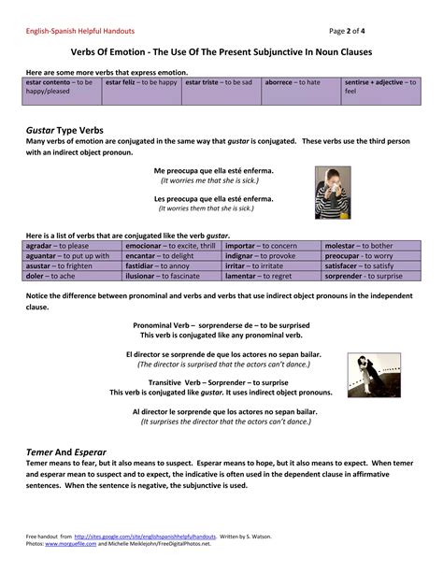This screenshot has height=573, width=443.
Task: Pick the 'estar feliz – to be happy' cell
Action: [x=141, y=82]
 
